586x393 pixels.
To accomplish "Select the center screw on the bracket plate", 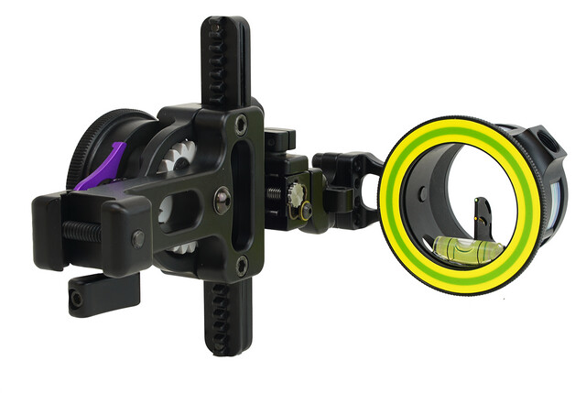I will click(x=221, y=197).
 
